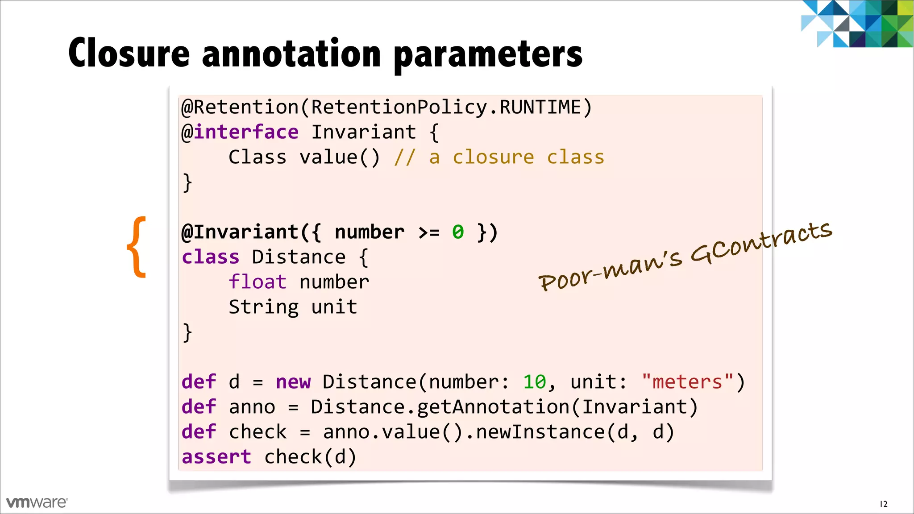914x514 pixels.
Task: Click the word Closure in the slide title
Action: (x=129, y=54)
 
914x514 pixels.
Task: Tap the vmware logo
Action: (x=37, y=502)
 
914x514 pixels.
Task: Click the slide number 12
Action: (x=883, y=504)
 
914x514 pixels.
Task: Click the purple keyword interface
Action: (x=246, y=133)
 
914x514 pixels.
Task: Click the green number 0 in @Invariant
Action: (x=458, y=232)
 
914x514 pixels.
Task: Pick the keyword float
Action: (x=258, y=282)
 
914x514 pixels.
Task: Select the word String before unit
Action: (x=263, y=307)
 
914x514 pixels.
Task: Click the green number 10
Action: (x=534, y=382)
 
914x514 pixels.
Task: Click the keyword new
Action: (x=293, y=382)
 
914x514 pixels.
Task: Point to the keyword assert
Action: (x=216, y=457)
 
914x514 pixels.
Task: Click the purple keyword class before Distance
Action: (x=210, y=257)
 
